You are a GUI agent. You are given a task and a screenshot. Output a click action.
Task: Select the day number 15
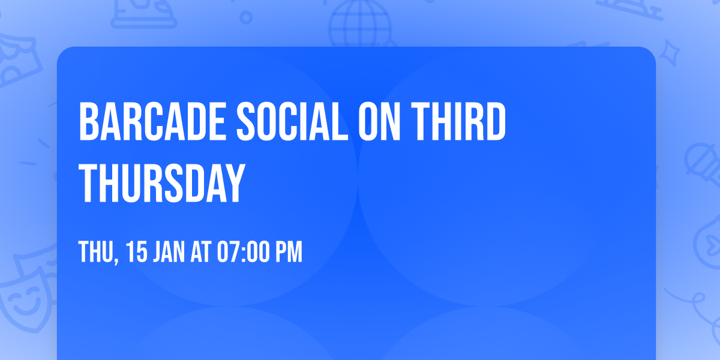(x=137, y=253)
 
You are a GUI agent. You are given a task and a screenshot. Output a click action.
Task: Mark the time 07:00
(x=244, y=253)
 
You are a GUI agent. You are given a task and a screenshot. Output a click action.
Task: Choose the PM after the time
(x=289, y=253)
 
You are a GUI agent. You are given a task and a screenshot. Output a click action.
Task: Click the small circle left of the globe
(x=245, y=19)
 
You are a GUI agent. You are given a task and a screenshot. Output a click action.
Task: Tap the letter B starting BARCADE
(x=89, y=122)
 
